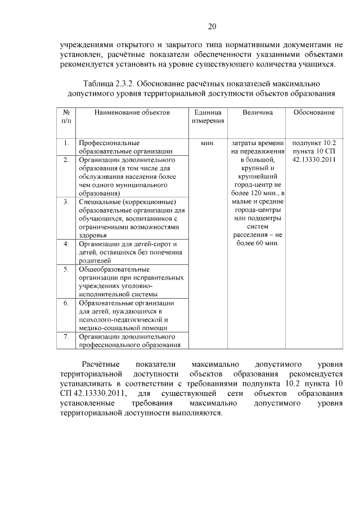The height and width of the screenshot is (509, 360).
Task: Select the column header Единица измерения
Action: coord(208,117)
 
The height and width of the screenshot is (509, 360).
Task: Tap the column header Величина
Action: coord(258,113)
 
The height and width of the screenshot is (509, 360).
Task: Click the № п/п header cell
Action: coord(66,117)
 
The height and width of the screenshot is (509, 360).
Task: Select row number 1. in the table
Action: coord(66,143)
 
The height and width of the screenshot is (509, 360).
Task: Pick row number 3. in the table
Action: coord(66,202)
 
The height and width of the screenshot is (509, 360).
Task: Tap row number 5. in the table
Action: coord(66,269)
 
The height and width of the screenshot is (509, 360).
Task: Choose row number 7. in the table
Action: coord(66,337)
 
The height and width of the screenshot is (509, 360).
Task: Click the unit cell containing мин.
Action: coord(208,143)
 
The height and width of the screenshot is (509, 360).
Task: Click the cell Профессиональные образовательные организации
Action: coord(125,147)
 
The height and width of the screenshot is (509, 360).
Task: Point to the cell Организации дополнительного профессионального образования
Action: coord(129,341)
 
